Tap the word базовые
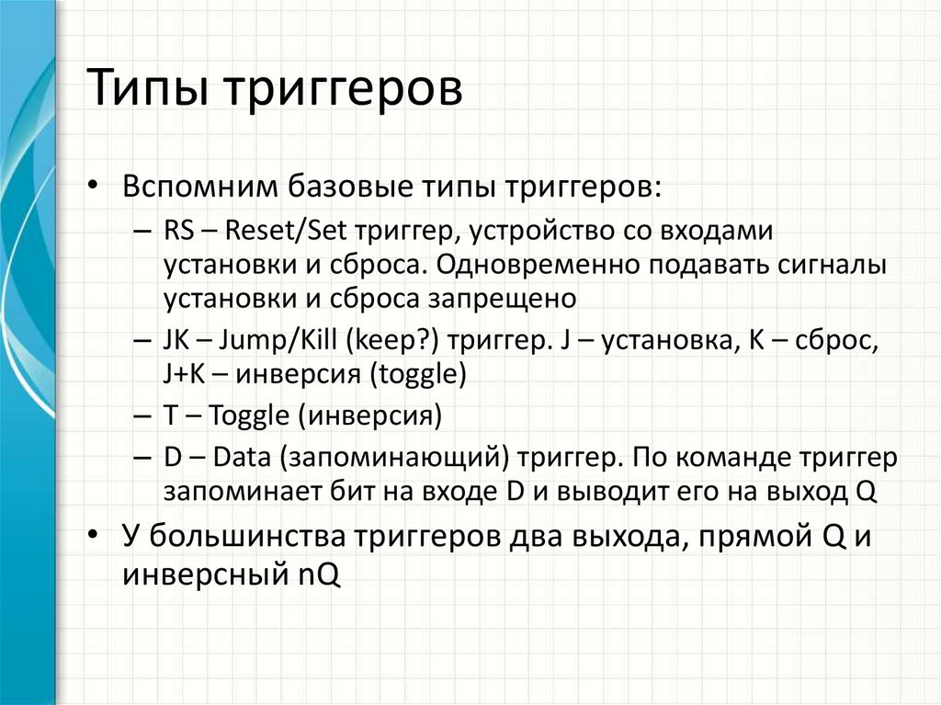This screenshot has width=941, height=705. (x=350, y=187)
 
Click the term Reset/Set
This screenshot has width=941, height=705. (x=285, y=231)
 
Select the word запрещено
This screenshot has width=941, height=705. (x=502, y=299)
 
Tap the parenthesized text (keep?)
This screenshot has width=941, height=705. (x=392, y=341)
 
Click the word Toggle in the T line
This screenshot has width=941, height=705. (x=248, y=416)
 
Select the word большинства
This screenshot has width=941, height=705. (x=247, y=536)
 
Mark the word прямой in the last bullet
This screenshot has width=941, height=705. (x=748, y=536)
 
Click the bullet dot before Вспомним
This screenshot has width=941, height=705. (x=92, y=186)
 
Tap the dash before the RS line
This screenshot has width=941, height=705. (x=142, y=233)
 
